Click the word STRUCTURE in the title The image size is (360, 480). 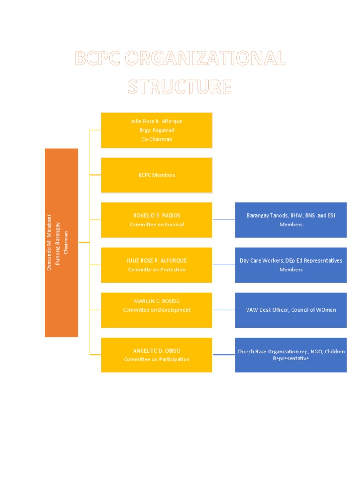point(180,87)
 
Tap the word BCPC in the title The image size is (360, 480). point(97,59)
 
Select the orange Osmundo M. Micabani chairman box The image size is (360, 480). point(61,242)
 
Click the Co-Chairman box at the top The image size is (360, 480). point(157,130)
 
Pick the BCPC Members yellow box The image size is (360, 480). point(157,175)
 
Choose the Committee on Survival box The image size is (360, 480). point(157,220)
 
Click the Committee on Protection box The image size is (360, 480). point(157,265)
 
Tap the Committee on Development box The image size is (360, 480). point(157,310)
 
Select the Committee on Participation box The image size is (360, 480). point(157,355)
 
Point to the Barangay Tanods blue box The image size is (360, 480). point(291,220)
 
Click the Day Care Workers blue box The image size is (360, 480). point(291,265)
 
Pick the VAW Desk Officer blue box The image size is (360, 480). point(291,310)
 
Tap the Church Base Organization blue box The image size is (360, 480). point(291,355)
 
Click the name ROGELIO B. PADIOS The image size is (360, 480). point(157,216)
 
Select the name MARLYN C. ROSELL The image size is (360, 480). point(157,301)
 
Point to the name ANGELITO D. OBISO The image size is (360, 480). point(157,350)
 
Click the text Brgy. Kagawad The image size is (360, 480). point(157,130)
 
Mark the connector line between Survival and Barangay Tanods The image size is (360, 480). point(224,219)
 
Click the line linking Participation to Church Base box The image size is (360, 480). point(224,355)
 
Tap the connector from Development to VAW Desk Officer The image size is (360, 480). point(224,310)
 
